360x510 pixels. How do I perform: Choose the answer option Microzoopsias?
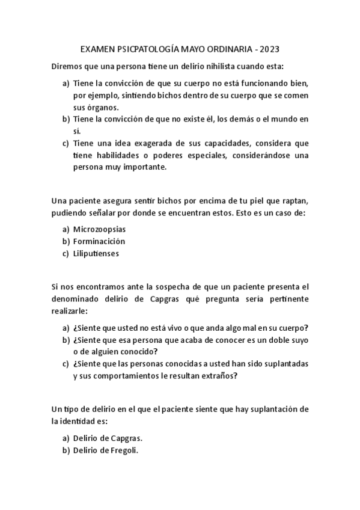tap(99, 229)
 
